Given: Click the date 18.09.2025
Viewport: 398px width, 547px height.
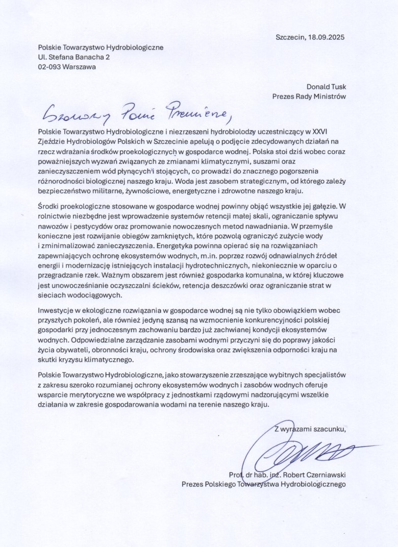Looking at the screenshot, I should pyautogui.click(x=330, y=37).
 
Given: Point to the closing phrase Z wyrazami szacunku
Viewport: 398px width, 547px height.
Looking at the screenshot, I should pyautogui.click(x=310, y=428).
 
